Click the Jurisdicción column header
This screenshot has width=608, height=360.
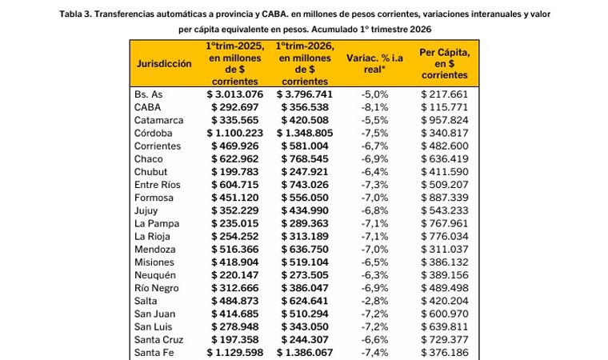click(x=165, y=62)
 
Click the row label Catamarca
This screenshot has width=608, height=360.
click(x=158, y=120)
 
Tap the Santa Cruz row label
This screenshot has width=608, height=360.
click(x=159, y=339)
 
